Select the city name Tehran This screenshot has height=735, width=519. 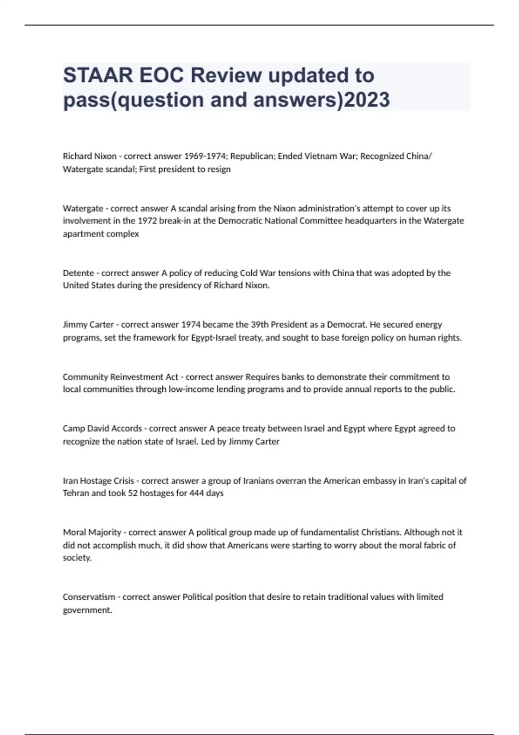click(x=76, y=493)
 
